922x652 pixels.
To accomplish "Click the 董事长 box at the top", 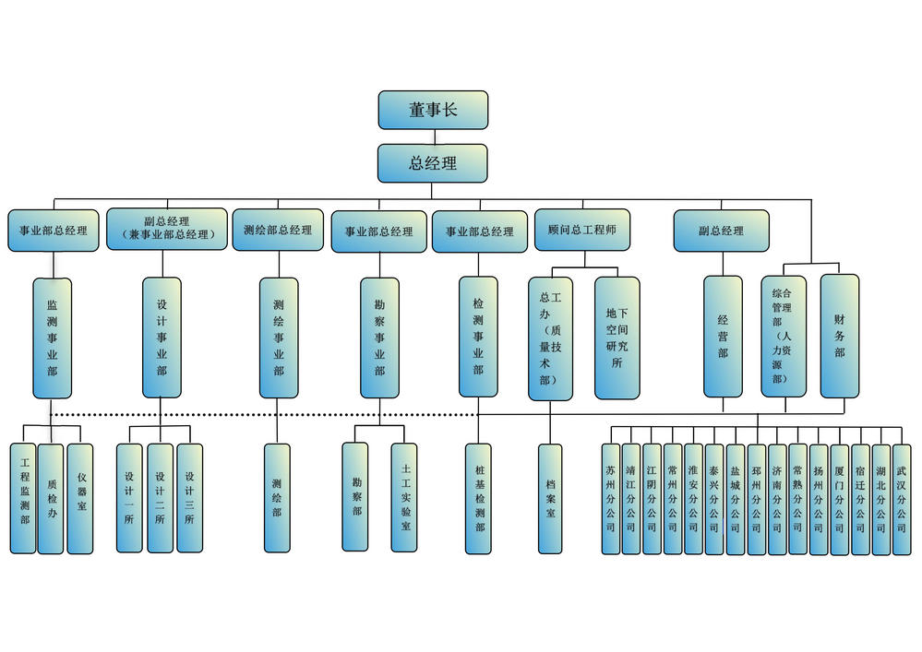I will [433, 110].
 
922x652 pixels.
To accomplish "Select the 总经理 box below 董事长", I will [433, 163].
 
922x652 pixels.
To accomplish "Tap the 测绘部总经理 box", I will [278, 231].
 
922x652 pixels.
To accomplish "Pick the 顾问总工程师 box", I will [582, 230].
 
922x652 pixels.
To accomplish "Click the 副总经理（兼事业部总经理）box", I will [167, 229].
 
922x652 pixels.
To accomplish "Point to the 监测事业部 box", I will [52, 338].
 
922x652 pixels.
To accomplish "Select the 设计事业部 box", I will [162, 338].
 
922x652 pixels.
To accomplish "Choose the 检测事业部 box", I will [478, 337].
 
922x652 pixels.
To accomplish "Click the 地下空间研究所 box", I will [617, 338].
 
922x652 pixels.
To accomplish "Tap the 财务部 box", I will [839, 336].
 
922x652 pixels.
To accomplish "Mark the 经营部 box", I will [723, 336].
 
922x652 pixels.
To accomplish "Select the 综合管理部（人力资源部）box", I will [783, 336].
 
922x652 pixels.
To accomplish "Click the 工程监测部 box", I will [24, 498].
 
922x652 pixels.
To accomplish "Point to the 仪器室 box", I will [80, 498].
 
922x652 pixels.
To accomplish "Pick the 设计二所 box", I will [161, 498].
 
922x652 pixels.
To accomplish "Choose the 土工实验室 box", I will [404, 498].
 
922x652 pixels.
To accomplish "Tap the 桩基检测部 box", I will [478, 498].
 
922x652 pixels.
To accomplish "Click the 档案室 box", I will [550, 498].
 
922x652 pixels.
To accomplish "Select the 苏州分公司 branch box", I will [610, 499].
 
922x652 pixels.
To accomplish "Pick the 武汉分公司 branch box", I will [902, 499].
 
